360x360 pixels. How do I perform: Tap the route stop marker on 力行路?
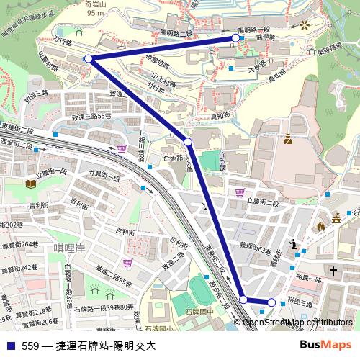point(89,58)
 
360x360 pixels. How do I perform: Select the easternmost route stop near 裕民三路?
point(271,302)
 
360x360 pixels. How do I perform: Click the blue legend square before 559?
point(11,346)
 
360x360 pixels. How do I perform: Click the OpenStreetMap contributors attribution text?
point(297,322)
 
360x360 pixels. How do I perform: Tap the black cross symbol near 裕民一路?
point(333,271)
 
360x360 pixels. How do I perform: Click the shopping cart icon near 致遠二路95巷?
point(127,264)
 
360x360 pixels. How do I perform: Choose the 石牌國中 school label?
point(199,312)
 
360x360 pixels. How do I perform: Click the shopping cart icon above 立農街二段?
point(239,192)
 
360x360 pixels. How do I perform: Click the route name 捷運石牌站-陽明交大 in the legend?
point(106,346)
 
